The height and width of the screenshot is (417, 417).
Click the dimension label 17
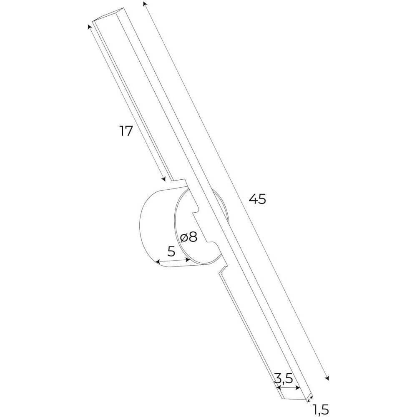tap(126, 131)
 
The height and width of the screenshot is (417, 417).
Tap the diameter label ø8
tap(188, 237)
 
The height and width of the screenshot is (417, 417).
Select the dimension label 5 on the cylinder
tap(171, 251)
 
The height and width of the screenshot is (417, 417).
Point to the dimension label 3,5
tap(284, 378)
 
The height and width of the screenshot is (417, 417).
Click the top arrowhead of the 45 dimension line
tap(144, 3)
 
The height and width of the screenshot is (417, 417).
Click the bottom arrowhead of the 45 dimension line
tap(327, 378)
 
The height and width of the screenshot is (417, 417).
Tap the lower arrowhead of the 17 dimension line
tap(164, 179)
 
